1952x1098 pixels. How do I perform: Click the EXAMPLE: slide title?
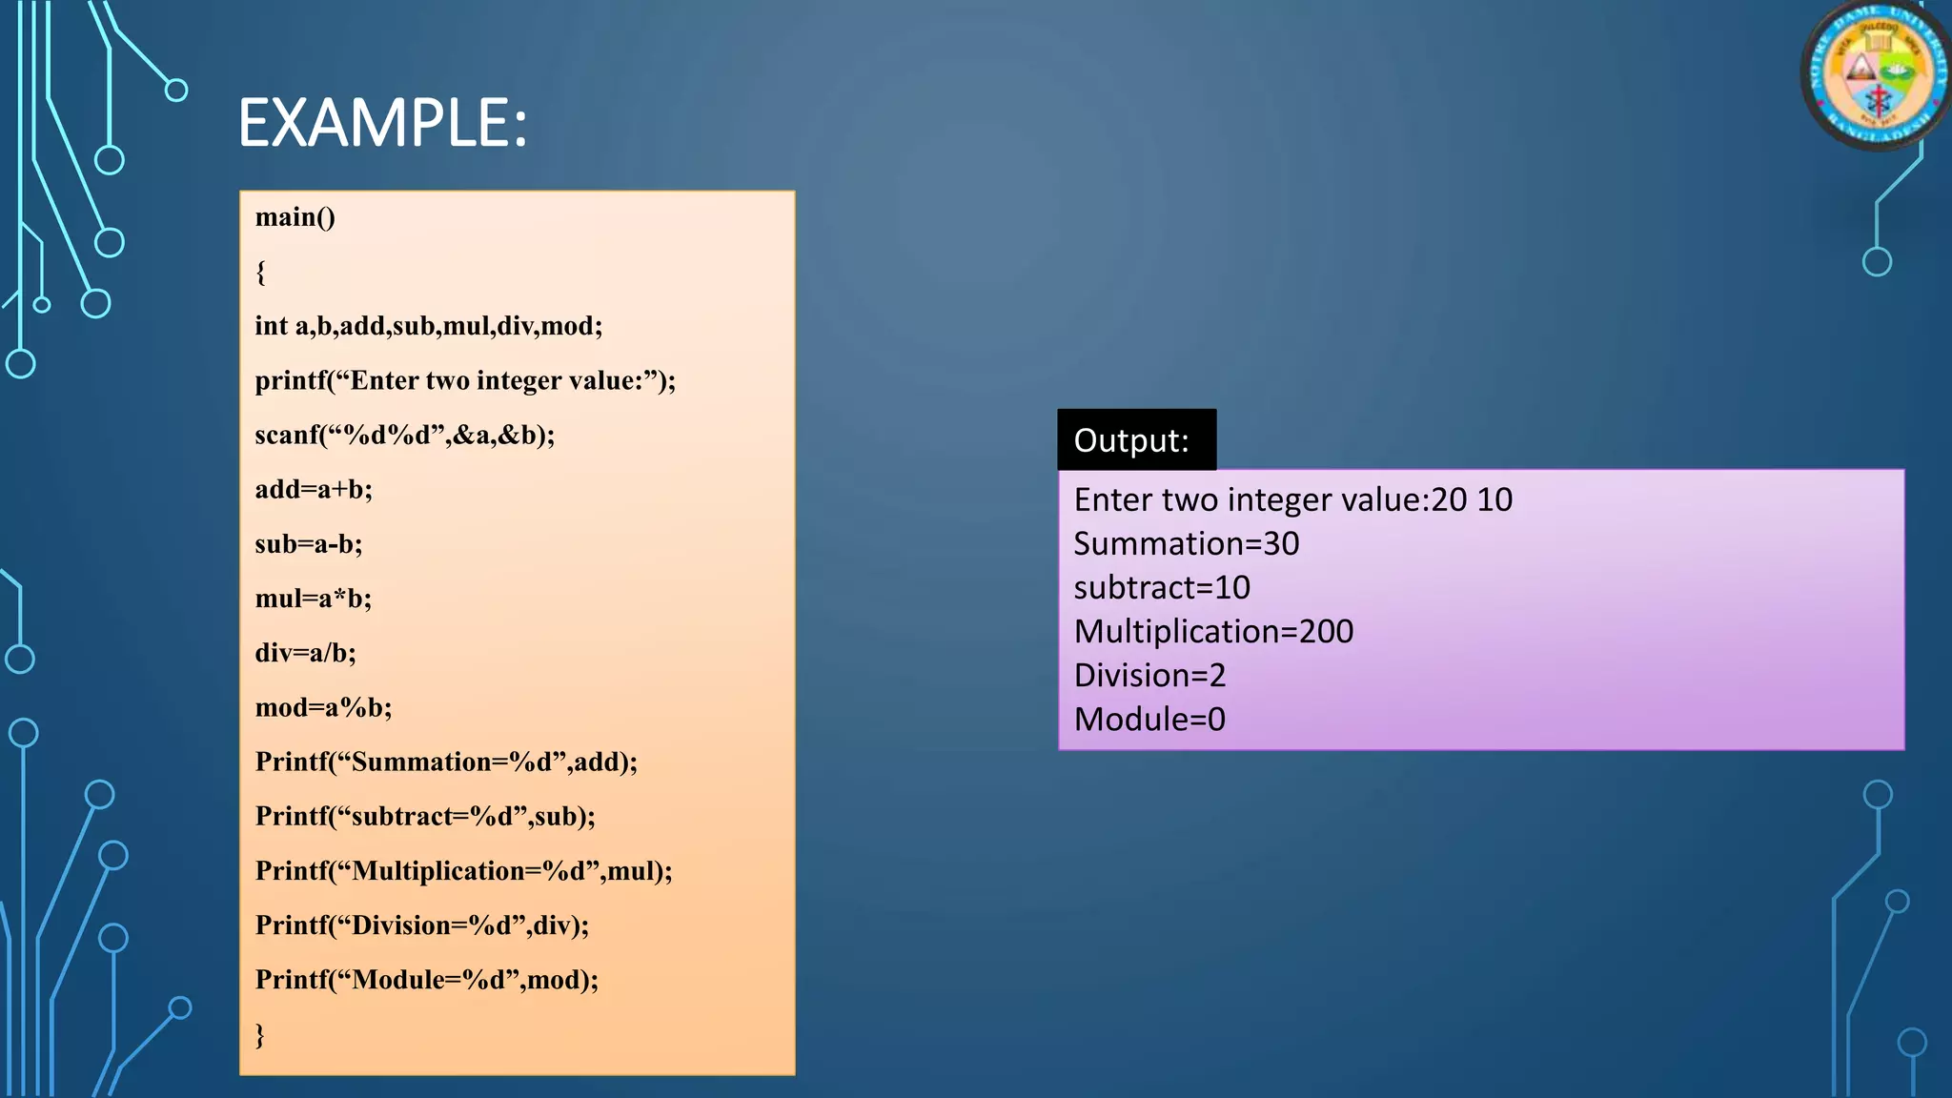click(382, 123)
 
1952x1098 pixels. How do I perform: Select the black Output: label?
click(1136, 440)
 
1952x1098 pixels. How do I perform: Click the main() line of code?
click(295, 217)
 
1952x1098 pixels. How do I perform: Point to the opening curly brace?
click(261, 273)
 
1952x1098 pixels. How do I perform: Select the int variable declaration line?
click(429, 326)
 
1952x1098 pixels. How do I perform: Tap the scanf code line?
click(405, 436)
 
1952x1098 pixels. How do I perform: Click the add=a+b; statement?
click(314, 490)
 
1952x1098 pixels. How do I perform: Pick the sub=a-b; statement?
click(309, 544)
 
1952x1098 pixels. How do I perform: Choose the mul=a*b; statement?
click(314, 599)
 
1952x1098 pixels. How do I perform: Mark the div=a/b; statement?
click(306, 653)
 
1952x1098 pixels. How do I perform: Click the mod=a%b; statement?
click(324, 707)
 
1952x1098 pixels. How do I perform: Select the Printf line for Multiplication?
click(464, 871)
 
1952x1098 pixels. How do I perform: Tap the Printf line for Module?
click(427, 980)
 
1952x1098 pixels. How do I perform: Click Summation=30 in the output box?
click(1187, 544)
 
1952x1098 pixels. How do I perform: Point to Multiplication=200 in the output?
click(1213, 632)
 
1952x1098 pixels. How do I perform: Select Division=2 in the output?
click(1149, 676)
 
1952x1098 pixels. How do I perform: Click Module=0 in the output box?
click(1149, 720)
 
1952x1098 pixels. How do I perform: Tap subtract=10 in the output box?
click(1162, 588)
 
